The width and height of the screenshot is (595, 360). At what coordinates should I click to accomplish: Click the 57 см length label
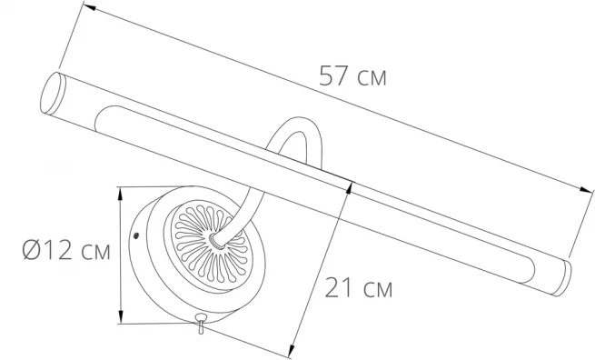pyautogui.click(x=352, y=75)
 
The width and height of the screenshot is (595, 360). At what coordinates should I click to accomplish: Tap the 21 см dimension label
pyautogui.click(x=359, y=288)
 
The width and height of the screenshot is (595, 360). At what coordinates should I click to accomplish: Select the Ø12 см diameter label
pyautogui.click(x=66, y=250)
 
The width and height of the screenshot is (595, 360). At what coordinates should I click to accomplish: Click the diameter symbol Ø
pyautogui.click(x=31, y=250)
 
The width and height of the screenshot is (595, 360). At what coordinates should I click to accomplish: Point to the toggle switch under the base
pyautogui.click(x=200, y=323)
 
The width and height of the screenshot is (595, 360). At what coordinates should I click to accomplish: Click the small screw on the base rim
pyautogui.click(x=136, y=235)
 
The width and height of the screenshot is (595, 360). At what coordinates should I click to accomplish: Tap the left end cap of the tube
pyautogui.click(x=52, y=93)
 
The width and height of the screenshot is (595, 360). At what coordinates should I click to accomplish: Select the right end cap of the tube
pyautogui.click(x=561, y=277)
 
